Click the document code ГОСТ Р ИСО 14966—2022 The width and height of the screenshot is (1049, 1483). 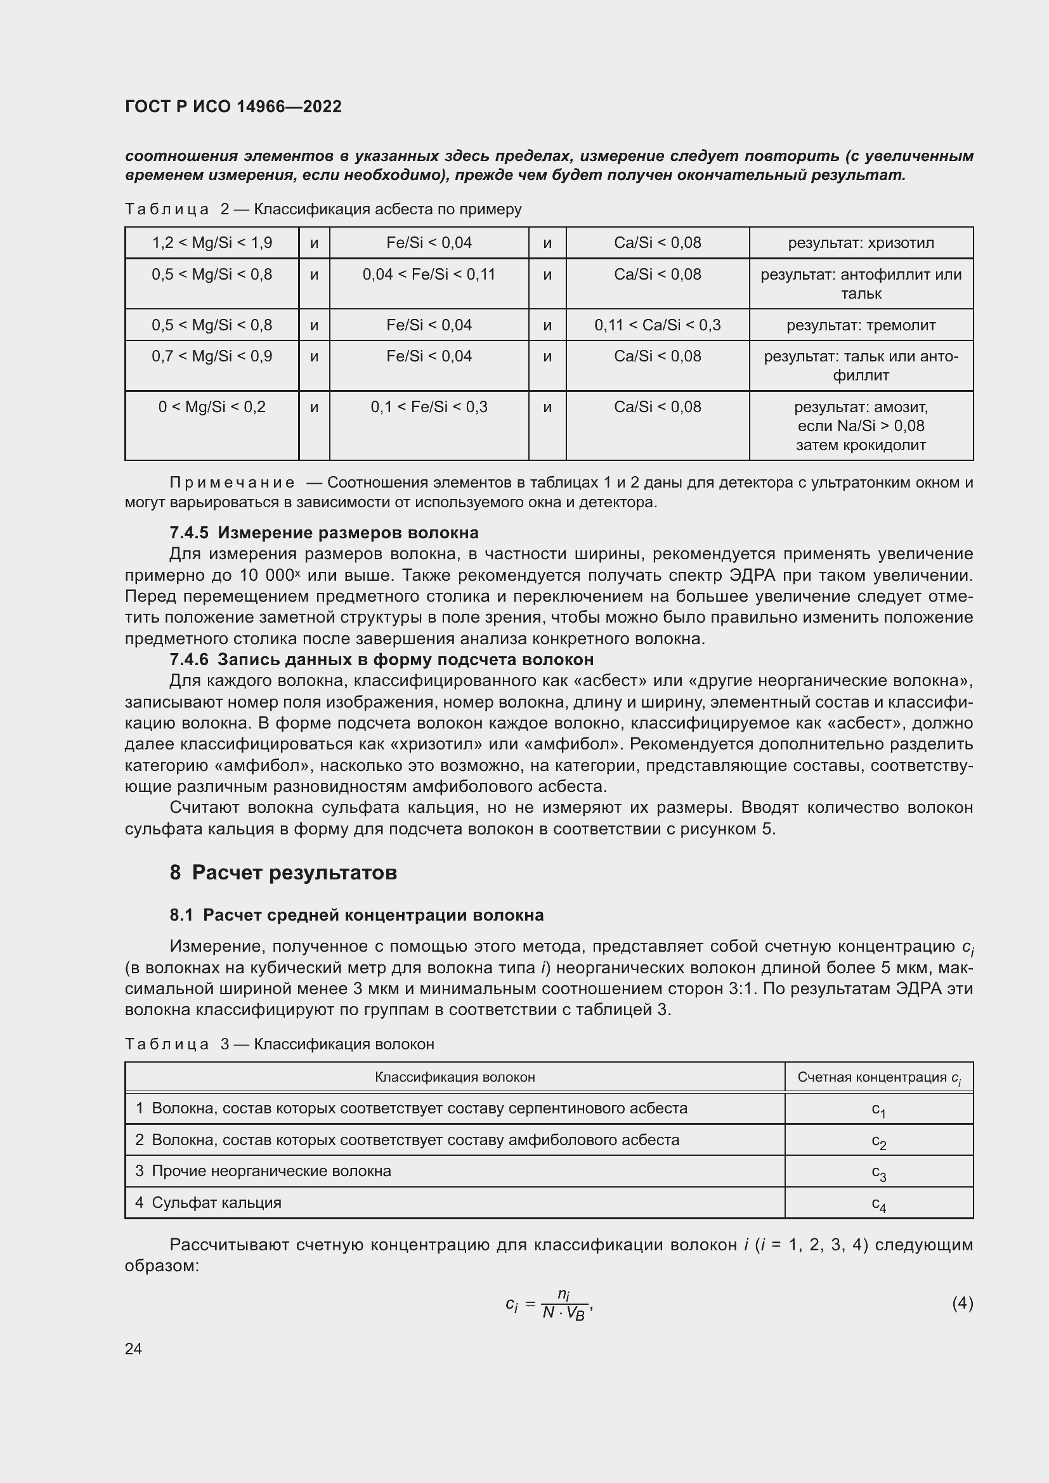[x=233, y=107]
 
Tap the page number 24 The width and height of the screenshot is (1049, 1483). [x=133, y=1349]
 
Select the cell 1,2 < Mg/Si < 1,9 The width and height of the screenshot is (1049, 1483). [x=212, y=243]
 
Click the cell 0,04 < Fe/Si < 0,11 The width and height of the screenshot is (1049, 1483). [x=429, y=275]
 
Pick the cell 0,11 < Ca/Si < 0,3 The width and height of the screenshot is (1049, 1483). [x=658, y=325]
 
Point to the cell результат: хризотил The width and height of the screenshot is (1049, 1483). [x=861, y=243]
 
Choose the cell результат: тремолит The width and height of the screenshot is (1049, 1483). [x=861, y=325]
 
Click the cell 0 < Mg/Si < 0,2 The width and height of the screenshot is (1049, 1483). [x=212, y=407]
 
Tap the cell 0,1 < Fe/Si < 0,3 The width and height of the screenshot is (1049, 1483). [x=429, y=407]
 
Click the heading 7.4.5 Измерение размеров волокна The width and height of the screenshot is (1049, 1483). [x=323, y=533]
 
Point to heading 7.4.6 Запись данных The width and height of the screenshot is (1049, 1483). [x=381, y=659]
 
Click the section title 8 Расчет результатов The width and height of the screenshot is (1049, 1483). [x=283, y=872]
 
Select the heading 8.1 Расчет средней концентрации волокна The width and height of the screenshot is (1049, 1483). [x=356, y=916]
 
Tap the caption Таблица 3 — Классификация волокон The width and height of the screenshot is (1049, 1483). [x=279, y=1044]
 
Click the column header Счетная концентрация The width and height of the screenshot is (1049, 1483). [x=878, y=1077]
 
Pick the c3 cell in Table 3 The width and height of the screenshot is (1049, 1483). [x=878, y=1172]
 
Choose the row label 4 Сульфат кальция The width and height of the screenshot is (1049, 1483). [x=209, y=1203]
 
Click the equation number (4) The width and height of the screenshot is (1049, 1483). [x=962, y=1304]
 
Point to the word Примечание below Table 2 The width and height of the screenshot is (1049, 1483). [x=232, y=482]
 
